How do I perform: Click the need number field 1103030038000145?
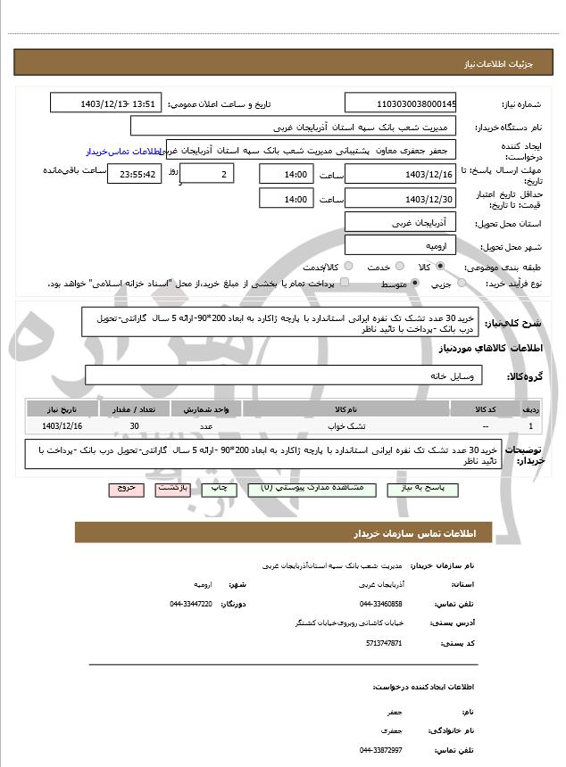click(x=400, y=103)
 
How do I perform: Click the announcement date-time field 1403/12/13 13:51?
click(x=106, y=103)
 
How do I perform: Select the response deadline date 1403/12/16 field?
click(x=400, y=174)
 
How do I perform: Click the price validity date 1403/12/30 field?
click(x=400, y=199)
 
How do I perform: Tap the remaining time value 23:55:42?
click(x=135, y=174)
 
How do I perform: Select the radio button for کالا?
click(x=440, y=267)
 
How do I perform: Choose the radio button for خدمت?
click(x=398, y=267)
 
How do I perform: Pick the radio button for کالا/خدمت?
click(x=347, y=267)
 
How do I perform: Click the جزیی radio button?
click(x=462, y=284)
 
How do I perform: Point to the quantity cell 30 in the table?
click(x=134, y=426)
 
